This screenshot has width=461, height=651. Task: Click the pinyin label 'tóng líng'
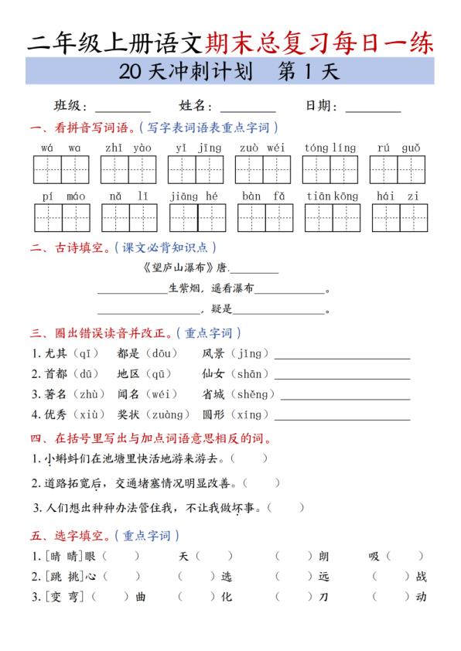pos(330,148)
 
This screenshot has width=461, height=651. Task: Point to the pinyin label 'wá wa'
pos(61,148)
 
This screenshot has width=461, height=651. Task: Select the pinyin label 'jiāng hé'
pos(194,196)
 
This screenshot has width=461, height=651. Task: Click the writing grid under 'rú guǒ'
pos(398,169)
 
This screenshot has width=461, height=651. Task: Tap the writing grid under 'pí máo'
pos(65,217)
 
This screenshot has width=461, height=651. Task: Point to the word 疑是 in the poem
pos(221,309)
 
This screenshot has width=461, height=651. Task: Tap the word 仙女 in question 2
pos(213,374)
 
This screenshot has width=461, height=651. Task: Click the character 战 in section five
pos(421,577)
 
